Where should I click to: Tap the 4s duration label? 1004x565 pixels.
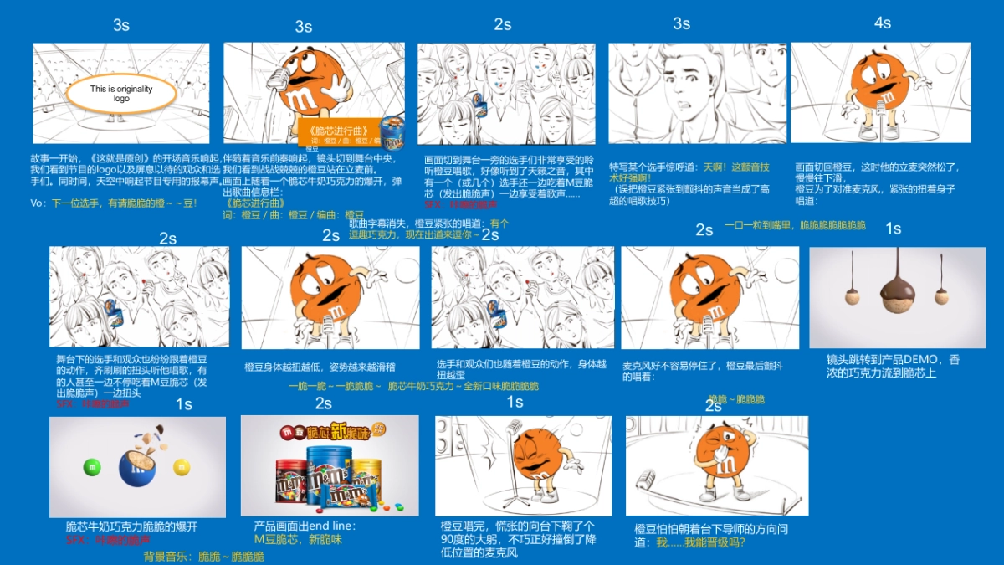pos(883,23)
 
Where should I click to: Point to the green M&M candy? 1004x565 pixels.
pos(93,466)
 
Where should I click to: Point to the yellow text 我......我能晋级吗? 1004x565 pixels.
pos(700,542)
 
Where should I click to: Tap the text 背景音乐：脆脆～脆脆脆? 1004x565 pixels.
pos(203,556)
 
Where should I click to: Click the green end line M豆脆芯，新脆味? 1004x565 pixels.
pos(298,540)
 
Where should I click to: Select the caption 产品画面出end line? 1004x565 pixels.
pos(305,526)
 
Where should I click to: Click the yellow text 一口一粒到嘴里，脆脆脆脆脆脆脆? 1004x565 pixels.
pos(795,226)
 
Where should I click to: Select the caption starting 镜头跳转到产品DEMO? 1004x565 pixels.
pos(893,366)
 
